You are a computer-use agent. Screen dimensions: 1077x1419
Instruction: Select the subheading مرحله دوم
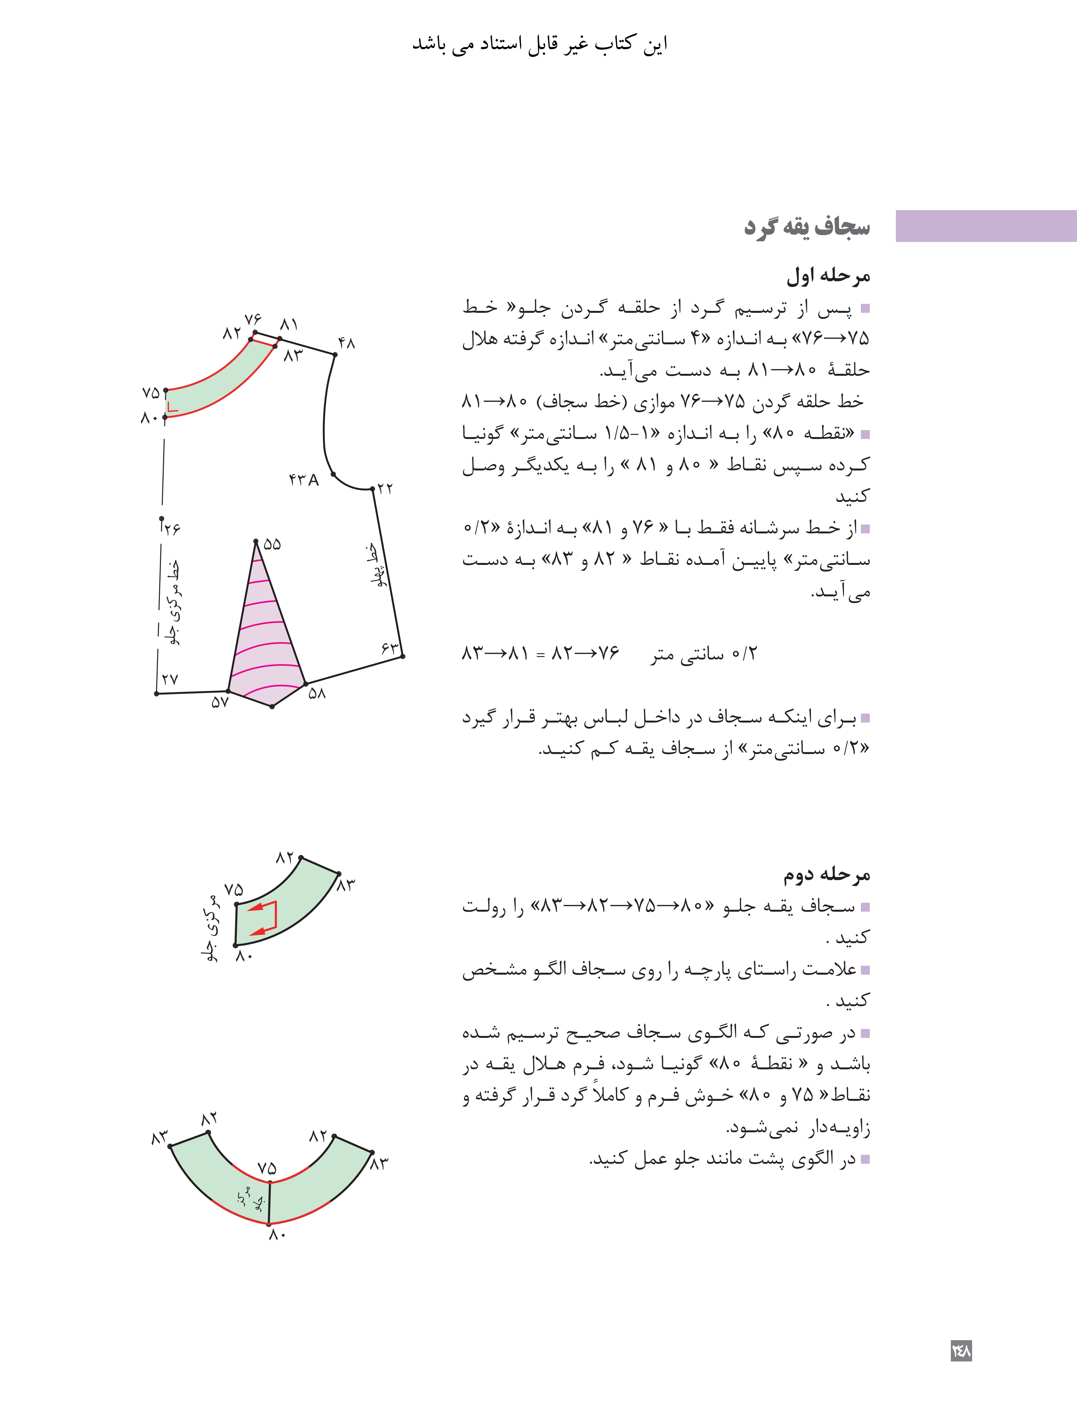pyautogui.click(x=826, y=874)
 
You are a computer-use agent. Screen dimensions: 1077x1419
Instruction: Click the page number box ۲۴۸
pyautogui.click(x=961, y=1350)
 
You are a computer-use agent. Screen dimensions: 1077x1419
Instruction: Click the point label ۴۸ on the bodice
pyautogui.click(x=346, y=343)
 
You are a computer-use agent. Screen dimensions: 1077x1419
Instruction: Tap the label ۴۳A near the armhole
pyautogui.click(x=303, y=480)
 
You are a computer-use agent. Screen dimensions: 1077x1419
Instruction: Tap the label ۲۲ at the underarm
pyautogui.click(x=385, y=489)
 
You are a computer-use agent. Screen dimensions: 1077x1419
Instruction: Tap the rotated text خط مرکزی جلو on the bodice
pyautogui.click(x=172, y=603)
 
